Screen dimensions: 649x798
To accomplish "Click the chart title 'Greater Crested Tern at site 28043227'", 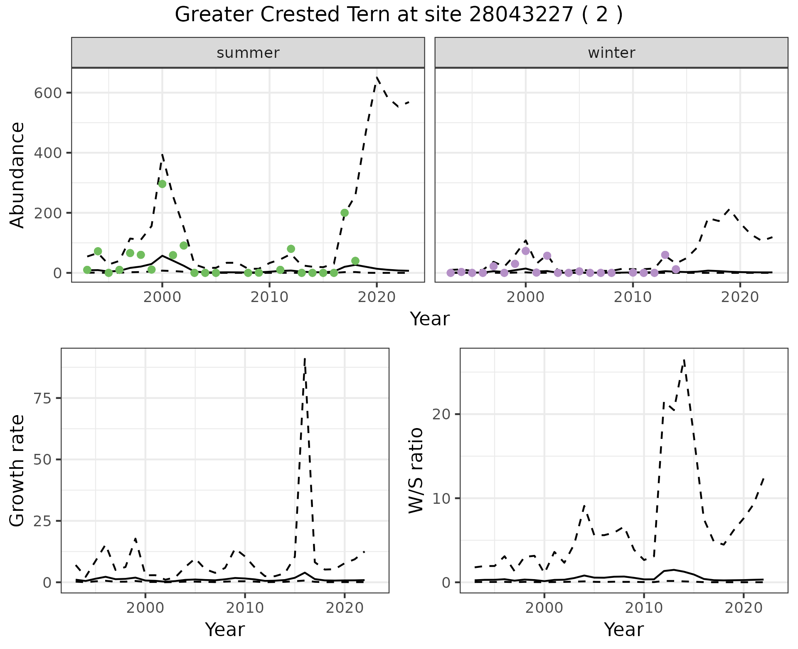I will [x=398, y=15].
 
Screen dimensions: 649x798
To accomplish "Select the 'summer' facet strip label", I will [x=248, y=53].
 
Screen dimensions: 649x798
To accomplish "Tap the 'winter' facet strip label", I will [x=611, y=53].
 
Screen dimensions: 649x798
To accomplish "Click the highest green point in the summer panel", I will [x=162, y=184].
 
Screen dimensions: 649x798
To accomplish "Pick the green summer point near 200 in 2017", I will [x=345, y=213].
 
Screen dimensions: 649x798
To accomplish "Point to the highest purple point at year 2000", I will [x=526, y=251].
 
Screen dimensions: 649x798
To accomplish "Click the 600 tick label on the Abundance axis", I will [x=47, y=93].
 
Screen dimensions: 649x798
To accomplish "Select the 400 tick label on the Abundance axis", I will [x=47, y=153].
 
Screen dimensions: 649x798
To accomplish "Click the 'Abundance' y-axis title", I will [x=17, y=175].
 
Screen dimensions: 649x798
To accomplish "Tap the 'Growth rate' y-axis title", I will [x=17, y=470].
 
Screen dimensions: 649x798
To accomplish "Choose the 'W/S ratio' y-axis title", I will [x=416, y=470].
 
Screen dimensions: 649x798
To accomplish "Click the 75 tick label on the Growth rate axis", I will [x=41, y=399].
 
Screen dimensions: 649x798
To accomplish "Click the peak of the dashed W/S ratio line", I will [x=684, y=360].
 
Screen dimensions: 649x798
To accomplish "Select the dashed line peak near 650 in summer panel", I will [x=377, y=77].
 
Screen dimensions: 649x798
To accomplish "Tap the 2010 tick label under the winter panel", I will [x=633, y=297].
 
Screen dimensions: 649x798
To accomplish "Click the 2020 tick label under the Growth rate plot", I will [x=344, y=608].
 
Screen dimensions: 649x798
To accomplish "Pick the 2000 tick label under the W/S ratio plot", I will [x=544, y=608].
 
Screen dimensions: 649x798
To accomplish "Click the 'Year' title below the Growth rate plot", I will [x=225, y=629].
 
